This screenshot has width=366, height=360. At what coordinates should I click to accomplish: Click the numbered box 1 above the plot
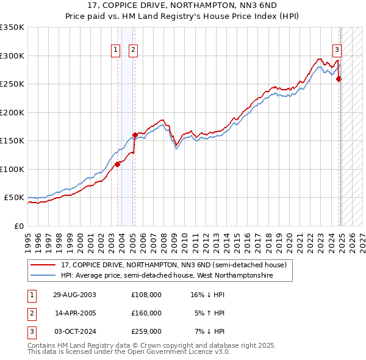click(115, 51)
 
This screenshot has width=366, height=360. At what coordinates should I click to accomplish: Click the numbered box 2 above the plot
click(133, 51)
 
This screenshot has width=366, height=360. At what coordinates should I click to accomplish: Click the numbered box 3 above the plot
click(336, 51)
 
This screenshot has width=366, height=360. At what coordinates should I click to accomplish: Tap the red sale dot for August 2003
click(118, 164)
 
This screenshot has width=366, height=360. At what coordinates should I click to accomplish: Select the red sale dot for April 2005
click(135, 135)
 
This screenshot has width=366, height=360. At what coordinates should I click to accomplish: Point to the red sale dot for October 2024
click(339, 79)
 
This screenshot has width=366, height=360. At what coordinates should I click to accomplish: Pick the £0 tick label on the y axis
click(19, 226)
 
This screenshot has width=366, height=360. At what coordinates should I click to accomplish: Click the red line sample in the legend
click(44, 265)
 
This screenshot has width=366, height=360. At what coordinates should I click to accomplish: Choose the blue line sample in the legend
click(44, 275)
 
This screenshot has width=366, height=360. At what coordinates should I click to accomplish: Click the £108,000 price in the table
click(146, 295)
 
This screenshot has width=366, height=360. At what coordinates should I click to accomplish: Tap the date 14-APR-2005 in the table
click(76, 313)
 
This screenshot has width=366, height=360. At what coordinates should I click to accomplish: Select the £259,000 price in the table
click(146, 331)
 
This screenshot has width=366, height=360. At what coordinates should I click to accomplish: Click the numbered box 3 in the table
click(31, 331)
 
